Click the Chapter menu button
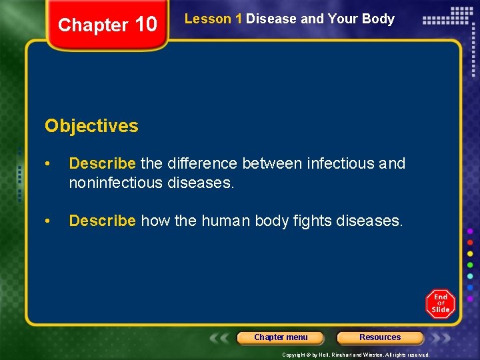point(281,337)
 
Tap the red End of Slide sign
point(440,304)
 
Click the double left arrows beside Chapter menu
point(221,338)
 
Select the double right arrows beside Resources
point(441,338)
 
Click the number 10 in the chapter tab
point(145,25)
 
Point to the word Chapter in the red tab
point(93,25)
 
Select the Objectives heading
point(91,125)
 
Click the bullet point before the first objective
point(49,163)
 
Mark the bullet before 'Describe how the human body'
point(49,221)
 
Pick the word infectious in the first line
point(340,163)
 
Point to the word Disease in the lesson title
point(271,19)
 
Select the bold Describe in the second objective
point(103,221)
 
